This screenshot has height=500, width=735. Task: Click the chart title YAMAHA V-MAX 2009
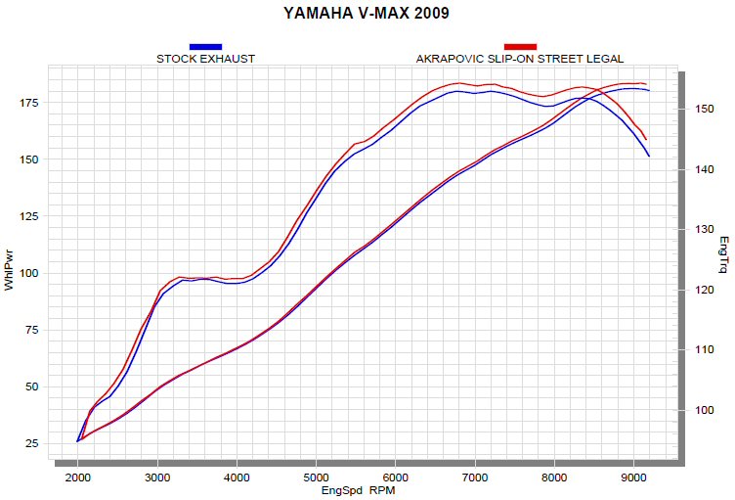[367, 14]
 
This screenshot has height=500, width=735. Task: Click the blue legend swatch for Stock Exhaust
[205, 47]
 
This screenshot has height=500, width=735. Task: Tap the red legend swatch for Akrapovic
[520, 47]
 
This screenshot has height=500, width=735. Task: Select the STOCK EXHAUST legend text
[205, 59]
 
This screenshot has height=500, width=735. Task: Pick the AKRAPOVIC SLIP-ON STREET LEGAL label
[520, 59]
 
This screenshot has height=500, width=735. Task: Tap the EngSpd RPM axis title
[359, 490]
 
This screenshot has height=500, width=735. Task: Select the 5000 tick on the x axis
[316, 477]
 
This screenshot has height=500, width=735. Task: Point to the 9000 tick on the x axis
[633, 477]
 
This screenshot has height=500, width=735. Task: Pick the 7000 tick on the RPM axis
[475, 477]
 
